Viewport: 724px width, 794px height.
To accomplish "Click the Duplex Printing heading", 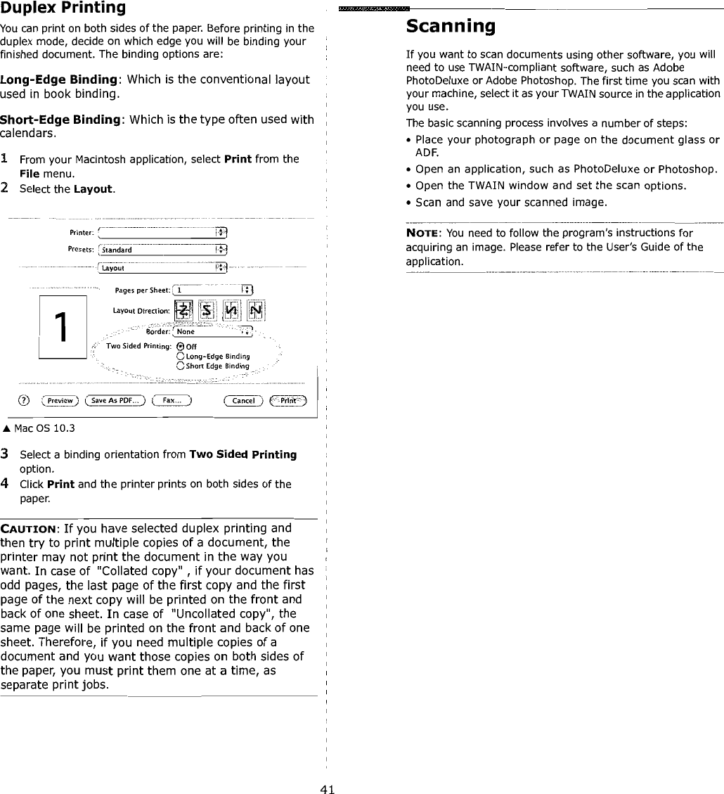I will pos(63,8).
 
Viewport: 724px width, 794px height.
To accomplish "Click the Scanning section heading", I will pos(451,27).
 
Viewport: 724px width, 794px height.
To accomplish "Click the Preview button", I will pos(60,400).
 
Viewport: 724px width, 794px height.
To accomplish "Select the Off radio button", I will pos(181,346).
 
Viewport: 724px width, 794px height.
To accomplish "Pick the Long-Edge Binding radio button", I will pos(181,356).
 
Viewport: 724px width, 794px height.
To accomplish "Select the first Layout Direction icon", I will pos(182,310).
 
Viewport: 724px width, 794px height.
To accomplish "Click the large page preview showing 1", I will pos(63,328).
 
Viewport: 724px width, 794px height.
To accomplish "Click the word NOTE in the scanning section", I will pos(424,233).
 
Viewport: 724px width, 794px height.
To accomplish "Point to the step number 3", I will pos(5,454).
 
